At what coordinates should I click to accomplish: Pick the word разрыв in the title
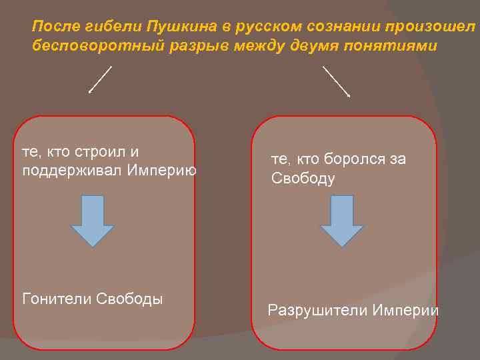177,46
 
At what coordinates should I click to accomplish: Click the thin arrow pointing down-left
100,79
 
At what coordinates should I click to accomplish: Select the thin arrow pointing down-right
337,81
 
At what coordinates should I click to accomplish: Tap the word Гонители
57,298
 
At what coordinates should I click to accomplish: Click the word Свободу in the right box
303,179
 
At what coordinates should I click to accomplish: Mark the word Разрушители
317,310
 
